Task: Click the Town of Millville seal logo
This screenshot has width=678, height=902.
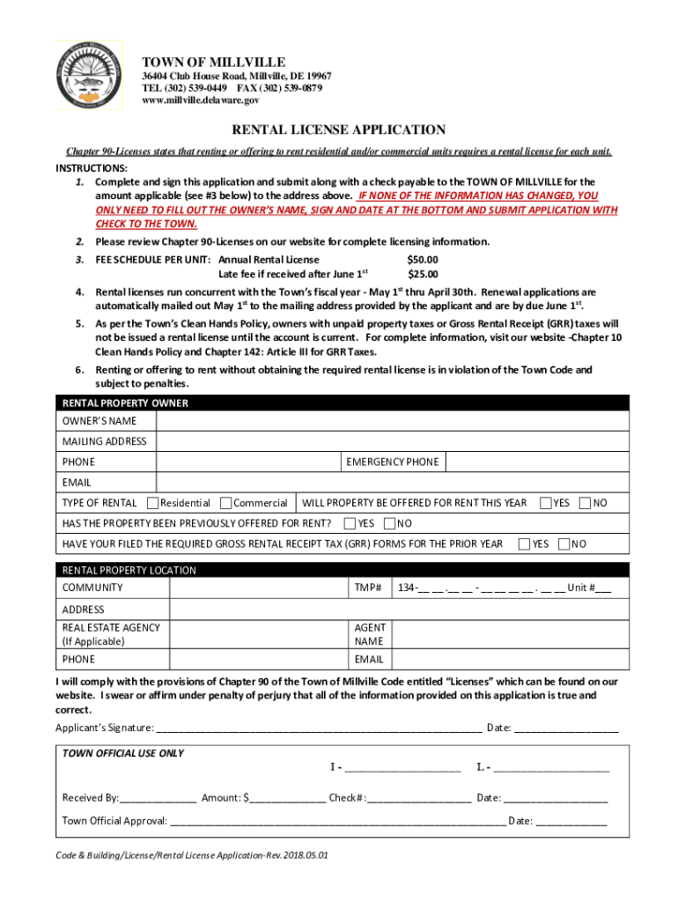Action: [x=88, y=74]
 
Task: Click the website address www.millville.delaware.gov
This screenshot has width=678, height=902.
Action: [x=201, y=101]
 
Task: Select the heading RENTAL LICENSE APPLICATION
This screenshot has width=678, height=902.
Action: [x=338, y=129]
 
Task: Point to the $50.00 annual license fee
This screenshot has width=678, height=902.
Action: [x=422, y=260]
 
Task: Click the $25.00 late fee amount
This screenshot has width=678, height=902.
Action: [x=422, y=274]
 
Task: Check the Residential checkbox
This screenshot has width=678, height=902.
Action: [x=152, y=503]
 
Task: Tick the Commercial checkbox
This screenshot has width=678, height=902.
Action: [x=225, y=503]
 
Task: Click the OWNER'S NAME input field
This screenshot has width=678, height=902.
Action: [x=392, y=421]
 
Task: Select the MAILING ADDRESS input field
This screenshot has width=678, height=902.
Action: [x=392, y=441]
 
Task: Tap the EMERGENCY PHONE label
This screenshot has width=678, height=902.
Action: [x=392, y=462]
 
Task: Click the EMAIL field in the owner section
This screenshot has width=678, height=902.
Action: [x=392, y=483]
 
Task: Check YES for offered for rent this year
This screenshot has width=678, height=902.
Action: [x=546, y=503]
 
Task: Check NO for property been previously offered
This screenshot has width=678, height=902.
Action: [x=390, y=523]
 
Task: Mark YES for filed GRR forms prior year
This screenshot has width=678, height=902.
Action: [x=525, y=543]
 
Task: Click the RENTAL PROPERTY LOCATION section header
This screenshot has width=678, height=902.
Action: [x=129, y=570]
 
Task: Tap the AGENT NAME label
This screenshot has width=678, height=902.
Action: [x=370, y=634]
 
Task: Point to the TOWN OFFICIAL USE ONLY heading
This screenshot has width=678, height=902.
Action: [x=123, y=753]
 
